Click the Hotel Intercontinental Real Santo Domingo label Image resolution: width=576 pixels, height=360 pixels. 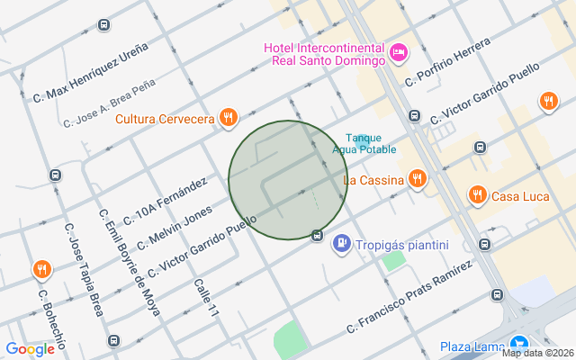325,55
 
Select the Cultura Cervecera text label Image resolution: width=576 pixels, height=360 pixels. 165,118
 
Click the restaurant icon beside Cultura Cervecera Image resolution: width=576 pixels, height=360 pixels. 229,117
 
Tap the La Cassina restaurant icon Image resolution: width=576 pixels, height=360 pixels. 416,179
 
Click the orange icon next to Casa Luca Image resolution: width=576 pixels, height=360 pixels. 477,194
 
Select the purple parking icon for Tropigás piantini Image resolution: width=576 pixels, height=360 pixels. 342,243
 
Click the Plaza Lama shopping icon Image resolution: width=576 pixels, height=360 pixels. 519,345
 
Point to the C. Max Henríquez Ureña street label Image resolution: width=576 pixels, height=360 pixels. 90,71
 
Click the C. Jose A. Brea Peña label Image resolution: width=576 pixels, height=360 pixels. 109,103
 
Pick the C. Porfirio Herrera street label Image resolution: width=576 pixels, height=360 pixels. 447,62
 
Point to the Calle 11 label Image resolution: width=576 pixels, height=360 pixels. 206,298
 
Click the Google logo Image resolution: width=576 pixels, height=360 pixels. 30,349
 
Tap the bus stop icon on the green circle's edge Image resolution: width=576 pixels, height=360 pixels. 317,236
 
